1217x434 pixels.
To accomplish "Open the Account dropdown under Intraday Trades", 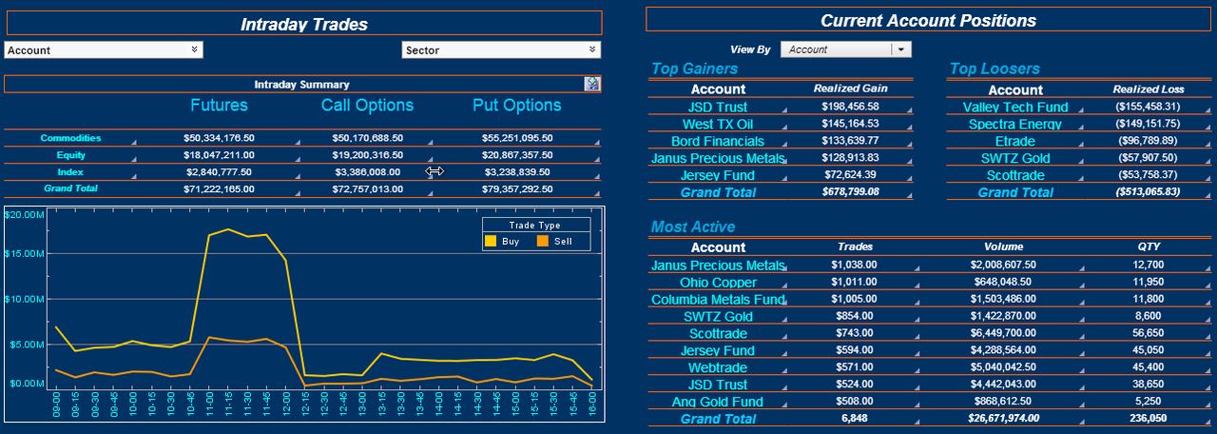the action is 104,50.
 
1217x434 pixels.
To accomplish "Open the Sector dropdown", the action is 501,50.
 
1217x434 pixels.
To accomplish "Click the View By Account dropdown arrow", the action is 900,49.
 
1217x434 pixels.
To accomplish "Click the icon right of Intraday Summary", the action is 591,84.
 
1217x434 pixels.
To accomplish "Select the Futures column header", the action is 219,105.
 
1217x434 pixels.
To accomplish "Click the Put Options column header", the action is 516,105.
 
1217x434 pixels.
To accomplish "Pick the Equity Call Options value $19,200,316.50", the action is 368,155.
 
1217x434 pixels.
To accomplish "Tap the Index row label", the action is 70,172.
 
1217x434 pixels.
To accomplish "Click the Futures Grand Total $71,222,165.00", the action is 219,189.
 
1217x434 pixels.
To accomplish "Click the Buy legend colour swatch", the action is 491,241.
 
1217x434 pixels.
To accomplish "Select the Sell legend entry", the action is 554,241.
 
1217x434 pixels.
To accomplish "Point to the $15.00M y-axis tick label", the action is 24,254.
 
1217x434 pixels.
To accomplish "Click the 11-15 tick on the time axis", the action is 228,404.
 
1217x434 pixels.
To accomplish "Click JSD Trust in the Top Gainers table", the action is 718,108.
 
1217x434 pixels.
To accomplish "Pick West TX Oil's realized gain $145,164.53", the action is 850,124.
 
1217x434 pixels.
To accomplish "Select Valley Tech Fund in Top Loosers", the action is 1015,108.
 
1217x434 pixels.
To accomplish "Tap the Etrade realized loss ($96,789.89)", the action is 1148,141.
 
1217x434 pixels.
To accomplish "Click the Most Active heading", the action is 693,227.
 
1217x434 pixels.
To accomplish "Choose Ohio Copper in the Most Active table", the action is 718,283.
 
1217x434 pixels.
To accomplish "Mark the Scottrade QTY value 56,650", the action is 1148,333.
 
